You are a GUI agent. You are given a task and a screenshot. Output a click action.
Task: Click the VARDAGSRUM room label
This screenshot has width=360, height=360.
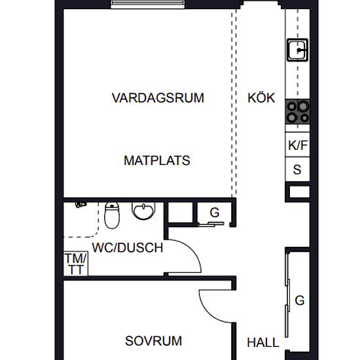coord(158,98)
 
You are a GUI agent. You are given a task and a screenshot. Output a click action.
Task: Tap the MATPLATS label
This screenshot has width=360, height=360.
coord(157,160)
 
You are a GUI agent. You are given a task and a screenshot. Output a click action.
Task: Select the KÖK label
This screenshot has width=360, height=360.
coord(261,98)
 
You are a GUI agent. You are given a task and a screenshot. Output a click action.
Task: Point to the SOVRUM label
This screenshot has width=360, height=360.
coord(153,341)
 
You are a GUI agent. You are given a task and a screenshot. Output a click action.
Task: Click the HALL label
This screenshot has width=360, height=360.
coord(263,342)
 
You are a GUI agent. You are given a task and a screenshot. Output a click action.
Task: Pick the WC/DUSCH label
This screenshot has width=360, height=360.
coord(128,247)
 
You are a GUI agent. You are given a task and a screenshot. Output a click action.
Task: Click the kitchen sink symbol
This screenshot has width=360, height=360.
coord(298,50)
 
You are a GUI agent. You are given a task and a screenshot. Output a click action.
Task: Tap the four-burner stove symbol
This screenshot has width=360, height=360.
coord(298,112)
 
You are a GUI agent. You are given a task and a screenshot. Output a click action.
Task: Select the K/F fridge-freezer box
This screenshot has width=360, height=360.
coord(298,145)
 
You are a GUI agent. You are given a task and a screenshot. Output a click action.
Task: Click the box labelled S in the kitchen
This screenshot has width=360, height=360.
coord(298,170)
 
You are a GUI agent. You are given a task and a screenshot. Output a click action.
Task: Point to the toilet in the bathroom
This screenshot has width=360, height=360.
coord(112,215)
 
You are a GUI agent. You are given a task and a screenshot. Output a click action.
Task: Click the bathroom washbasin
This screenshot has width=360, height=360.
coord(144,211)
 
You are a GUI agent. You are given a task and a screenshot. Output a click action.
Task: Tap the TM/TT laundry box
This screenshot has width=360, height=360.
coord(76,264)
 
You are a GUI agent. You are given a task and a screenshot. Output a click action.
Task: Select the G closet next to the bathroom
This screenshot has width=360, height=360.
coord(215,213)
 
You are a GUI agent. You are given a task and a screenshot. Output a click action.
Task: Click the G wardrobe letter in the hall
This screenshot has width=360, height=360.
coord(300,300)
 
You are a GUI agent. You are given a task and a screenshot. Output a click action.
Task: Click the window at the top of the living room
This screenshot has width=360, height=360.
coord(148,4)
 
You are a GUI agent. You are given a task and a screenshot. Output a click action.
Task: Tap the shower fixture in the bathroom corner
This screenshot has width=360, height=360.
coord(81,204)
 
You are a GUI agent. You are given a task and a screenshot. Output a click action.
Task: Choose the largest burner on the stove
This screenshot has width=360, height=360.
coord(303,106)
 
